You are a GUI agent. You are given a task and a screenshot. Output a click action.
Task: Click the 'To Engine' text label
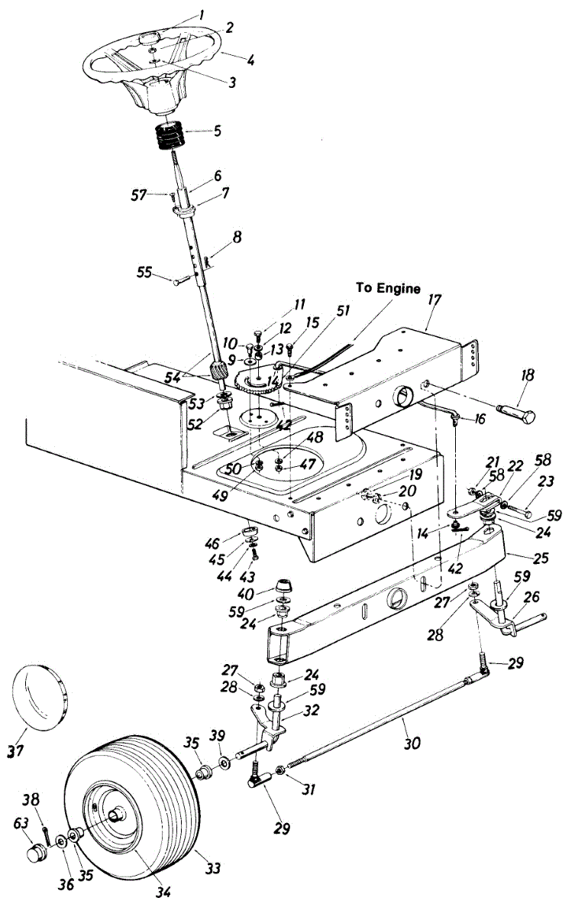(x=388, y=288)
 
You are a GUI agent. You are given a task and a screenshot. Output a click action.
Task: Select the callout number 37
(x=13, y=751)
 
